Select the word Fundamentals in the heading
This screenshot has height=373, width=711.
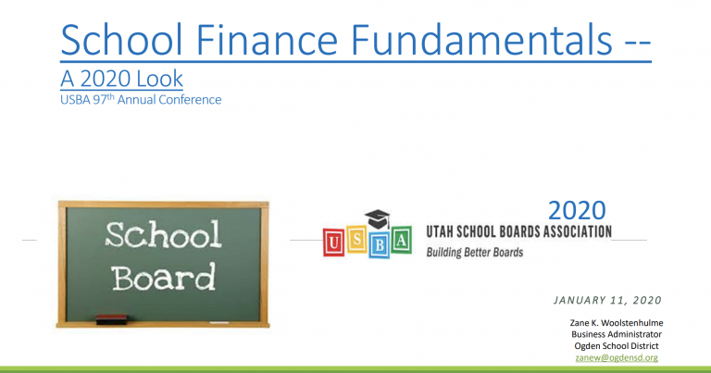pyautogui.click(x=481, y=40)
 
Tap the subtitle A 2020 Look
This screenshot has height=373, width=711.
pyautogui.click(x=121, y=79)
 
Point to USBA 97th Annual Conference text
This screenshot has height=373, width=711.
pyautogui.click(x=141, y=99)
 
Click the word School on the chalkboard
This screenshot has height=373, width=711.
pyautogui.click(x=163, y=234)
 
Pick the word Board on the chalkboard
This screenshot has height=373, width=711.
pyautogui.click(x=163, y=277)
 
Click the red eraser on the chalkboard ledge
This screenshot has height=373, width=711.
pyautogui.click(x=111, y=319)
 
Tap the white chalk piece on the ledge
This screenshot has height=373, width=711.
pyautogui.click(x=219, y=323)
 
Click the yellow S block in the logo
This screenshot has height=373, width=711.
pyautogui.click(x=356, y=240)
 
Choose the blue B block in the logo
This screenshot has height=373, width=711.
pyautogui.click(x=379, y=244)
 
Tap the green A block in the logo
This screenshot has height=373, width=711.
pyautogui.click(x=401, y=240)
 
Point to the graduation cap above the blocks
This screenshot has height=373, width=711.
pyautogui.click(x=378, y=219)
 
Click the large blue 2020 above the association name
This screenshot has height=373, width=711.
pyautogui.click(x=577, y=210)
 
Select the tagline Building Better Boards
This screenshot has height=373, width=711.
pyautogui.click(x=475, y=253)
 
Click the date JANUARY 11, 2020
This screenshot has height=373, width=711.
pyautogui.click(x=607, y=300)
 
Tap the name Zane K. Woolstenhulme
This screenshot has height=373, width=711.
pyautogui.click(x=617, y=323)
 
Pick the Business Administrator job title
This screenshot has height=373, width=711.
pyautogui.click(x=617, y=334)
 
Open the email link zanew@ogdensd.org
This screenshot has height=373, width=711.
pyautogui.click(x=617, y=357)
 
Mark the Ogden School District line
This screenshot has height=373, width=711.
pyautogui.click(x=617, y=346)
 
